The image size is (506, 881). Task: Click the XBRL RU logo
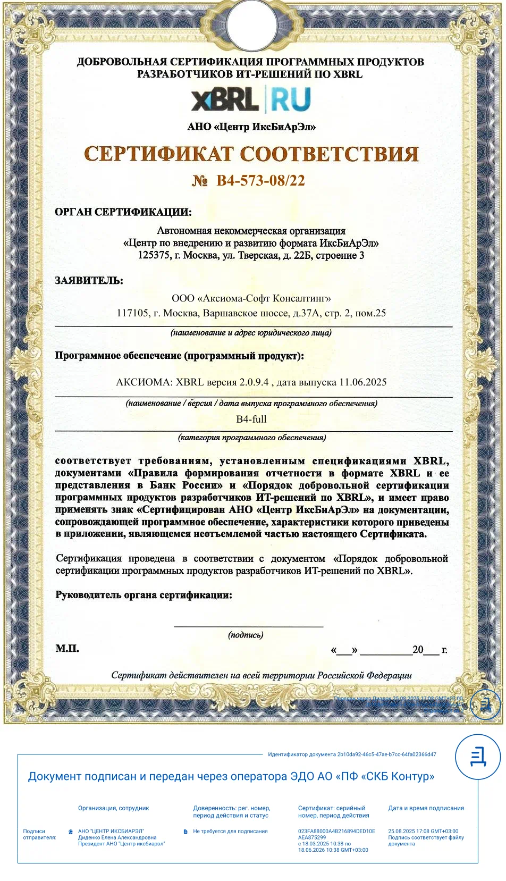tap(251, 99)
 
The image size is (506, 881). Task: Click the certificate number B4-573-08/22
tap(260, 181)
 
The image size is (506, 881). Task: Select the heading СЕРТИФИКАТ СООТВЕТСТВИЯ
tap(251, 154)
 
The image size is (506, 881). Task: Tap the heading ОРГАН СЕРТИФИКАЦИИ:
tap(123, 212)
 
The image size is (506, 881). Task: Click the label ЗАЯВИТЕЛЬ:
tap(89, 281)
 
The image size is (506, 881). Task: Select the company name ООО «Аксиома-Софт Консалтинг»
tap(251, 298)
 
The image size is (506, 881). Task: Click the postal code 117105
tap(132, 313)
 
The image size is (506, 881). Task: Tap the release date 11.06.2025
tap(363, 382)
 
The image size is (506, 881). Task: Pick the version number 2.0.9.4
tap(254, 382)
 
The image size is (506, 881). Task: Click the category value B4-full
tap(251, 419)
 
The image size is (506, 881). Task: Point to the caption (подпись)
tap(246, 635)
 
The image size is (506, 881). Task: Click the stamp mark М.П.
tap(67, 649)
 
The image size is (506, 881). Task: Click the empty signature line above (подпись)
tap(248, 625)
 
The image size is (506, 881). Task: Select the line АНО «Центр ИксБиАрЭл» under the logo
tap(251, 127)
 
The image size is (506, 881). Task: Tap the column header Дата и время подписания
tap(426, 808)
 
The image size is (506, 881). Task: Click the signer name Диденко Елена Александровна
tap(117, 837)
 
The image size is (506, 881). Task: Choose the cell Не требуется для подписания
tap(230, 831)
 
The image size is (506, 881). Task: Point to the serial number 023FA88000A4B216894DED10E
tap(336, 831)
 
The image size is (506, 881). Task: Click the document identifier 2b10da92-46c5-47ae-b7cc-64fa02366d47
tap(386, 754)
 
